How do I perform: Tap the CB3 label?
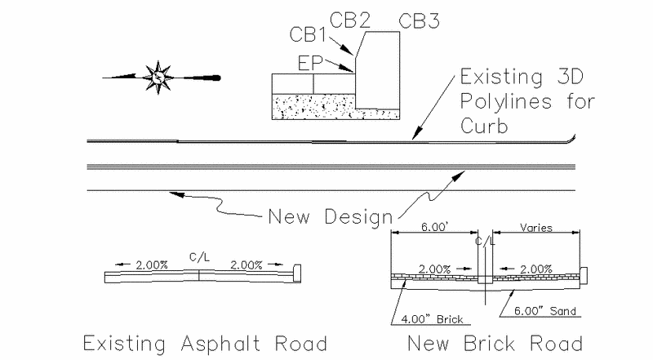pos(418,21)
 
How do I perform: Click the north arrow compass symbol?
pos(158,78)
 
